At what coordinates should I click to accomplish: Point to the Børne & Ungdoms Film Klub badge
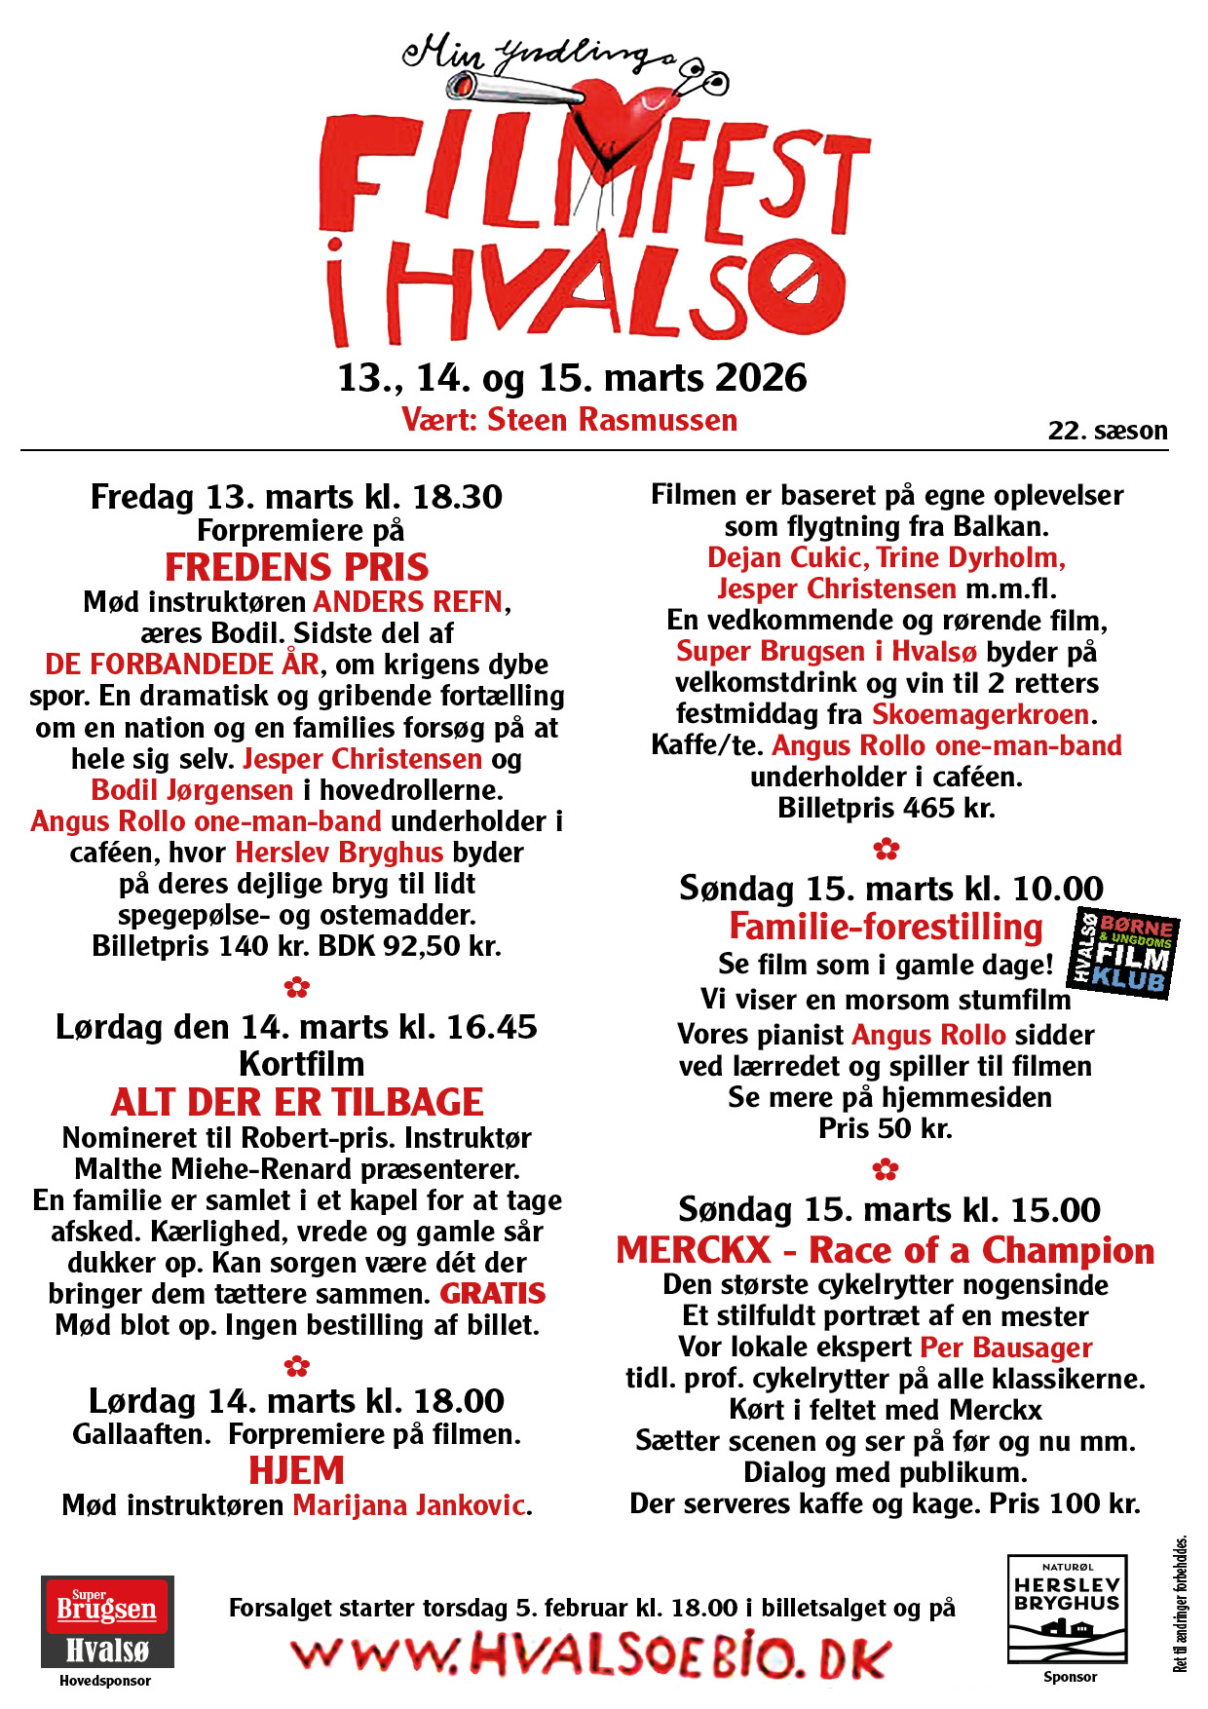tap(1124, 954)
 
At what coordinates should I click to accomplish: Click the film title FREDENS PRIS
tap(296, 567)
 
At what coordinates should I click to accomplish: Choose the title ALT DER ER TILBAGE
tap(296, 1102)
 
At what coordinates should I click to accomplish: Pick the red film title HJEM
tap(296, 1469)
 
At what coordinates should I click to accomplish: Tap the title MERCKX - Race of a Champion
tap(885, 1250)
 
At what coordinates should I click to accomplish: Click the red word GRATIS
tap(492, 1294)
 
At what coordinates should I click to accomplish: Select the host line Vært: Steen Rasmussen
tap(569, 420)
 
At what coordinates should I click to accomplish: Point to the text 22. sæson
tap(1108, 431)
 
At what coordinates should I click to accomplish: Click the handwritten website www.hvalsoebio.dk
tap(590, 1656)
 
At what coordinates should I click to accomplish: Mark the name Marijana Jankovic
tap(409, 1505)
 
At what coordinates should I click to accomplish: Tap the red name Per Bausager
tap(1005, 1348)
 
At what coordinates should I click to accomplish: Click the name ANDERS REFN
tap(408, 602)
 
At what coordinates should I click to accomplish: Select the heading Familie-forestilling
tap(886, 927)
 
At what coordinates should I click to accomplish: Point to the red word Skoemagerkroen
tap(980, 714)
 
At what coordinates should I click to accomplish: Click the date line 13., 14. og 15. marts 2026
tap(572, 378)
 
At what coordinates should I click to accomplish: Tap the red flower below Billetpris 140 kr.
tap(296, 987)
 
